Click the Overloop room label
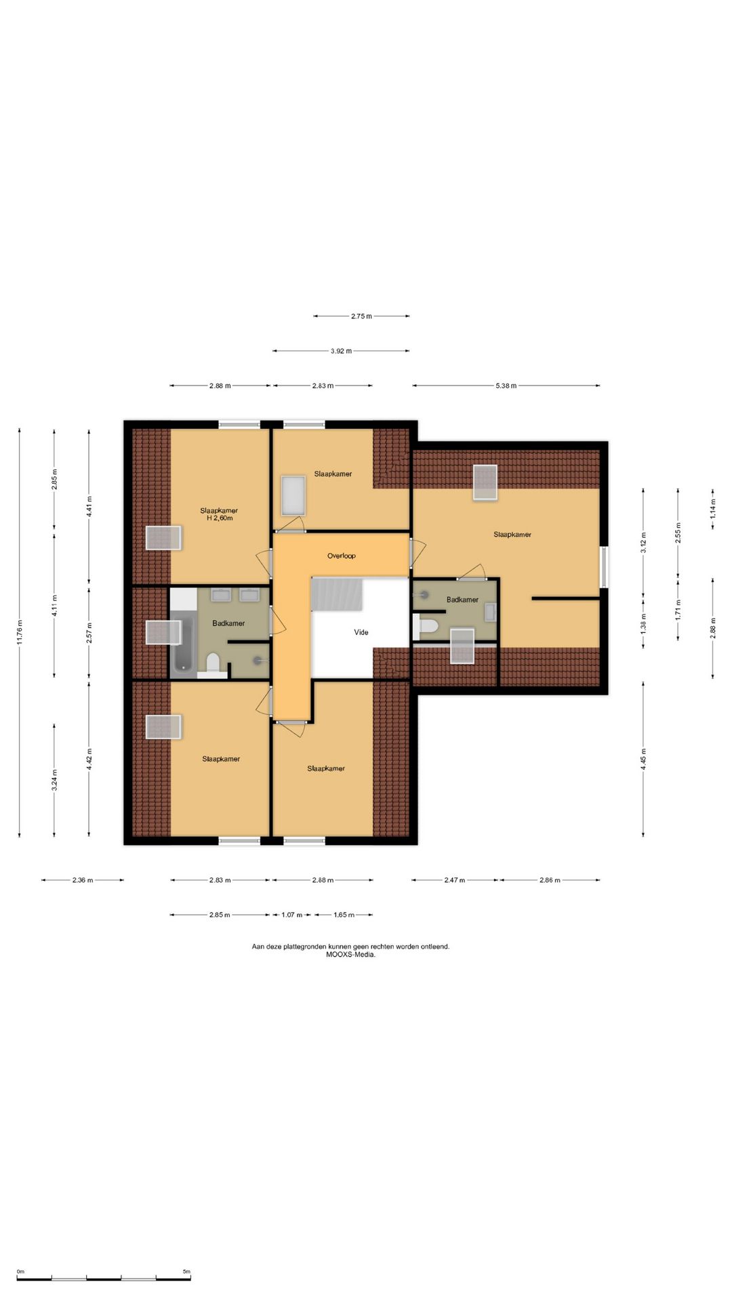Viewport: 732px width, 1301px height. [x=341, y=556]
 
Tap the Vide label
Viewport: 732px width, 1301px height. [x=361, y=632]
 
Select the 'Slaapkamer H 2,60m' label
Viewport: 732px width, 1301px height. [x=219, y=514]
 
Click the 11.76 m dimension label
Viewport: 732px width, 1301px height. [x=20, y=632]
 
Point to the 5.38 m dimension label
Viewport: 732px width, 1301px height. [x=506, y=386]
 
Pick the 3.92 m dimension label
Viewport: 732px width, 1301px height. [x=342, y=351]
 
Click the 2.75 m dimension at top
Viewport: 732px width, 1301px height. [x=361, y=316]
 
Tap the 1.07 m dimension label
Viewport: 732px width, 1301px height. [x=292, y=915]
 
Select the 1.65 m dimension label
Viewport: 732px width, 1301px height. [x=344, y=915]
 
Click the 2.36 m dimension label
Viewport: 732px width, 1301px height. [x=83, y=880]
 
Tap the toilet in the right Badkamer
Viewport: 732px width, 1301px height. [x=426, y=626]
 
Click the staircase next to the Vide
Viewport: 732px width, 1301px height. [x=337, y=594]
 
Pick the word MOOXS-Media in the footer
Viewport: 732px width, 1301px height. [x=350, y=955]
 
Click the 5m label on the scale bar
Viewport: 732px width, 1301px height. [x=186, y=1272]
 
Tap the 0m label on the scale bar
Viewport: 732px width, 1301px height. [x=20, y=1272]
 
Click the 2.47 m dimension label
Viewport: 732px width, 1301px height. [x=455, y=880]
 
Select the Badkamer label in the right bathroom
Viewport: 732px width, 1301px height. [x=462, y=600]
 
